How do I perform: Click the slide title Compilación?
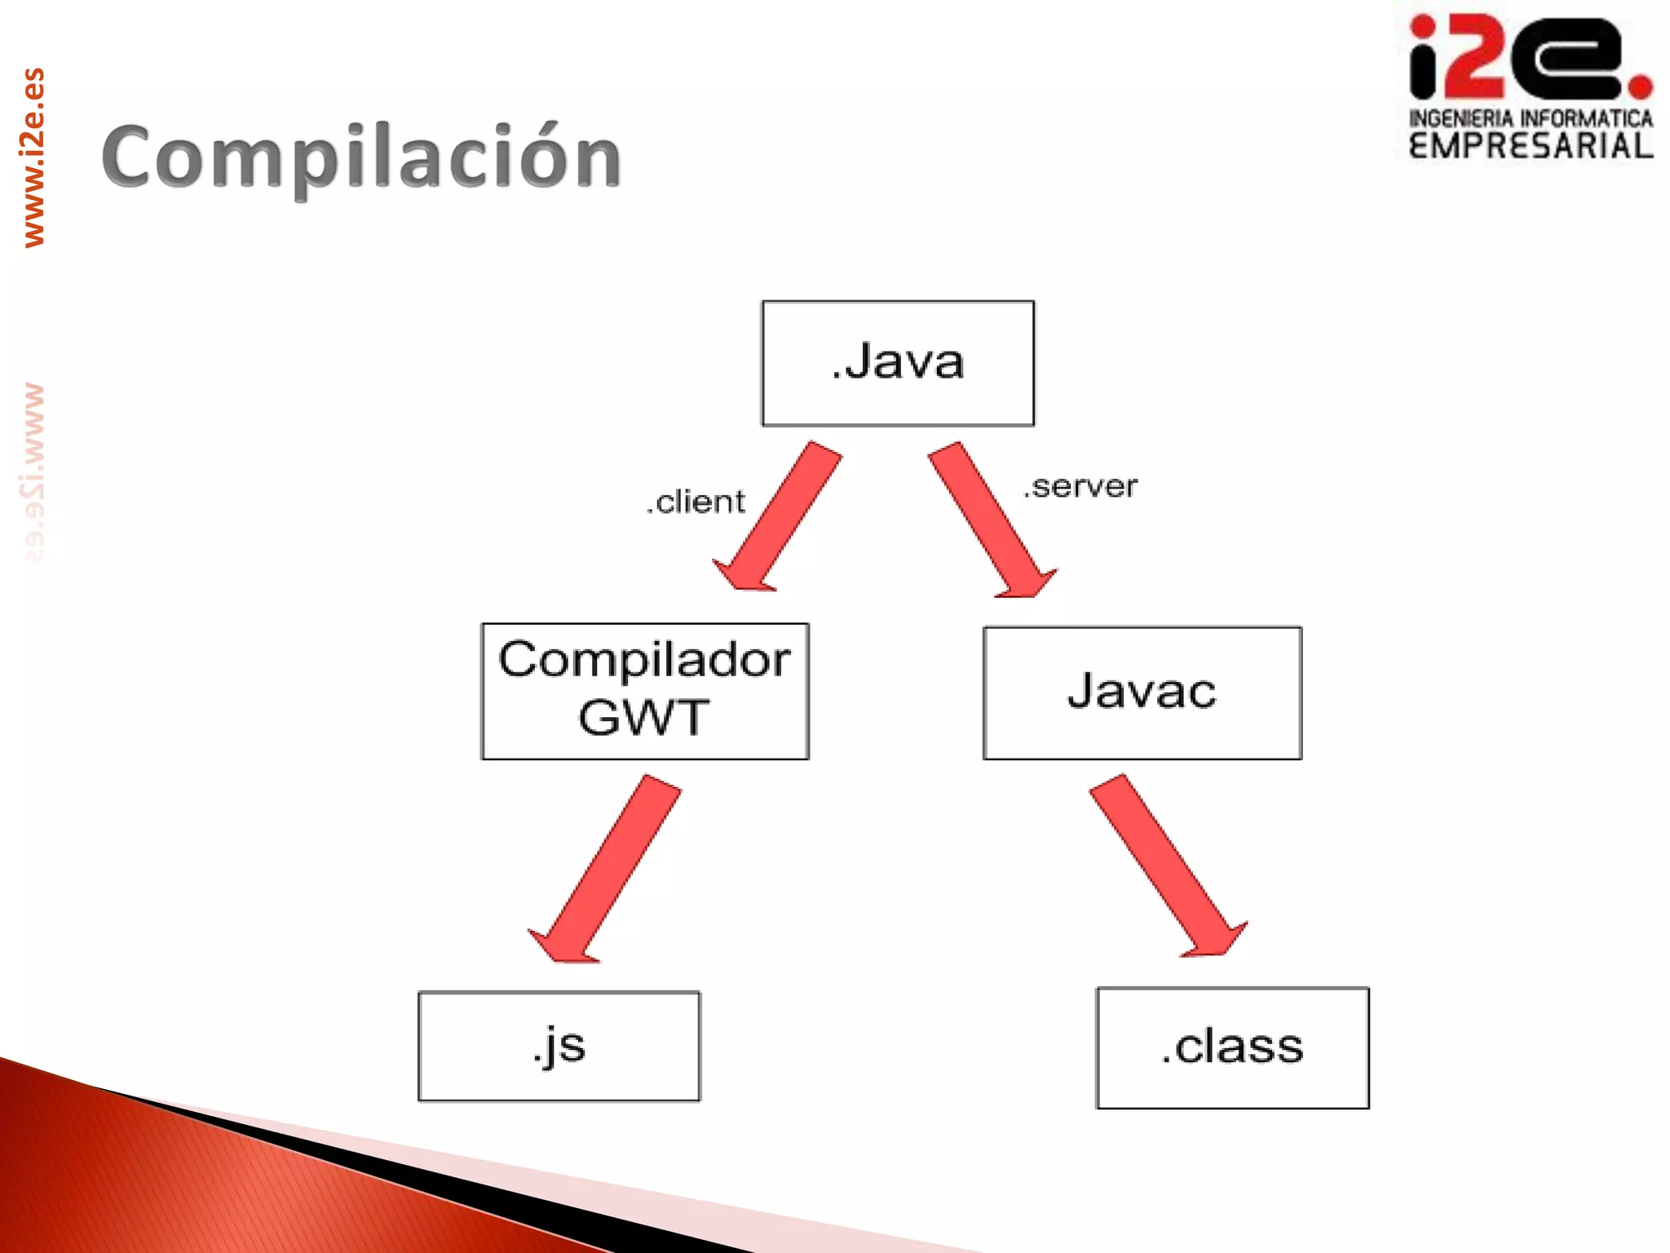(x=361, y=157)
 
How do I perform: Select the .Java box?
(x=898, y=363)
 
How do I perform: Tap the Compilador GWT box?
(x=644, y=691)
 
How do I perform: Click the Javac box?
(x=1142, y=693)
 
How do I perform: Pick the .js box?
(x=559, y=1046)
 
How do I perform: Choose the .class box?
(x=1232, y=1047)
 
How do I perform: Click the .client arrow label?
(x=696, y=502)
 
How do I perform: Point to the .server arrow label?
(x=1080, y=487)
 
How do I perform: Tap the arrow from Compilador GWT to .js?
(x=607, y=869)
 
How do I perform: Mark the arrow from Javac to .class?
(x=1166, y=865)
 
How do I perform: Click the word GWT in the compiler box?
(x=643, y=718)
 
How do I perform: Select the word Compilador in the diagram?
(x=644, y=659)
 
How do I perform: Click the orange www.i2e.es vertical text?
(x=33, y=157)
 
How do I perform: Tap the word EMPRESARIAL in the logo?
(x=1531, y=146)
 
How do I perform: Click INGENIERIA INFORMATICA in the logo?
(x=1531, y=118)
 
